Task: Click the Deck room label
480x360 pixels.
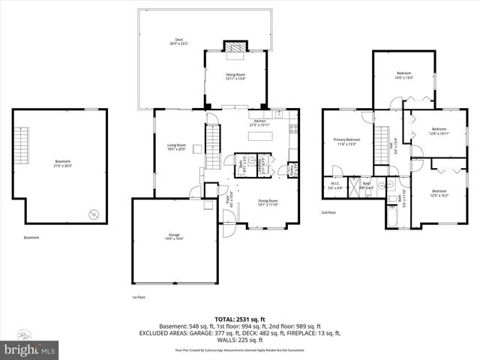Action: pos(178,40)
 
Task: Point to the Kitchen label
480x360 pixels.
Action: pos(259,121)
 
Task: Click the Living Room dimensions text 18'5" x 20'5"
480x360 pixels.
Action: pos(176,148)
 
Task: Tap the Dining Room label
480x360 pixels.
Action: pos(268,200)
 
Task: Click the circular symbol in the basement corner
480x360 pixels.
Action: pos(93,214)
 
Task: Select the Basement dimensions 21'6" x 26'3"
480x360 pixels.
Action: pos(62,166)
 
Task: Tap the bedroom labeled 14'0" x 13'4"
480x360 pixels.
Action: pos(404,73)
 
